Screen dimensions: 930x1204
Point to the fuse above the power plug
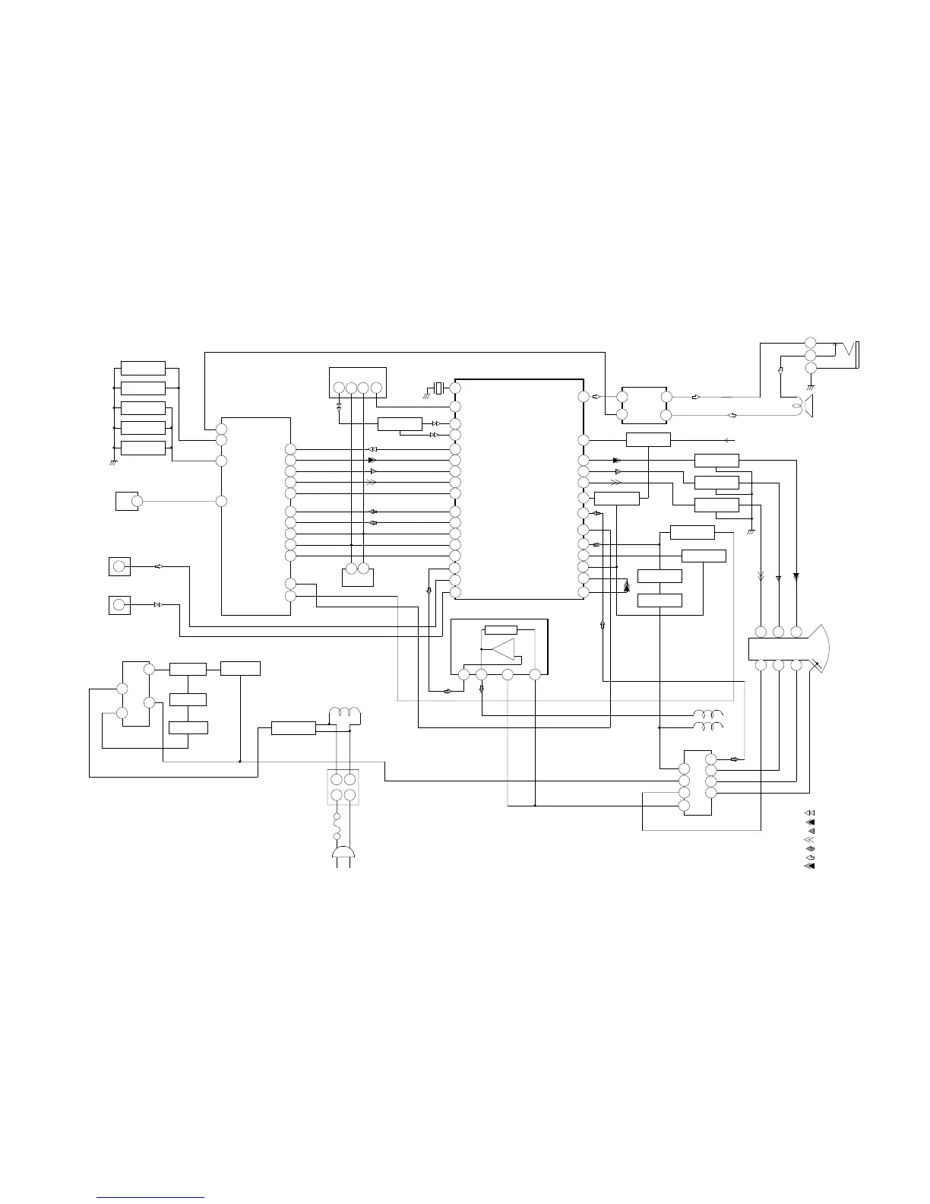(337, 824)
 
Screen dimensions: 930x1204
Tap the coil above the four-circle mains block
(343, 714)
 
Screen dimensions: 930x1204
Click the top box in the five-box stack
(143, 369)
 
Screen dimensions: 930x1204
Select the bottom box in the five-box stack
(143, 448)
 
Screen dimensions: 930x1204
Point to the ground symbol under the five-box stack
(112, 462)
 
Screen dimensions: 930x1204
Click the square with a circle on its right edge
(127, 501)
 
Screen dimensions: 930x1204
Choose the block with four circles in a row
(357, 382)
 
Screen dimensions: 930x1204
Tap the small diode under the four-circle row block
(338, 407)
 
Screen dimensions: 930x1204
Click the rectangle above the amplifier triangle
(501, 629)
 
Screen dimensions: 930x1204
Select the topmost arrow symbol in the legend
(809, 814)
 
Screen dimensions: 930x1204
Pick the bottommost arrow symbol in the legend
(809, 866)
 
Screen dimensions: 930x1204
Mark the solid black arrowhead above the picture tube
(796, 576)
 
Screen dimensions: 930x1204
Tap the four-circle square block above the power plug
(343, 787)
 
